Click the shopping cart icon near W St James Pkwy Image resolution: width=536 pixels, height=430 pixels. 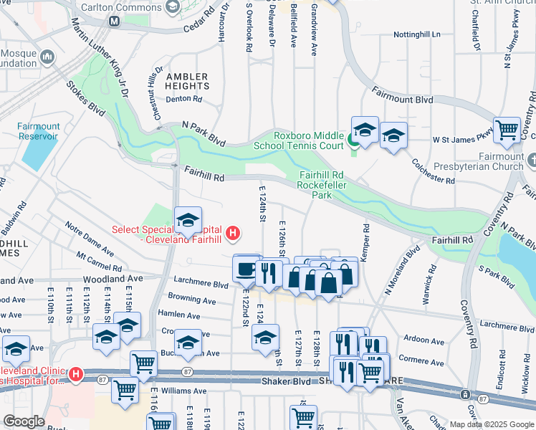507,130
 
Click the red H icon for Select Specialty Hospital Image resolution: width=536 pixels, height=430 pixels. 232,233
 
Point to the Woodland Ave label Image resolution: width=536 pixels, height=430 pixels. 113,278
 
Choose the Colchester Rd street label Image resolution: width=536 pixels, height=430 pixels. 434,171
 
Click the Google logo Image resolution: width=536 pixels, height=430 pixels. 24,421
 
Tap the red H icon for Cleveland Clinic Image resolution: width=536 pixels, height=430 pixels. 75,374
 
